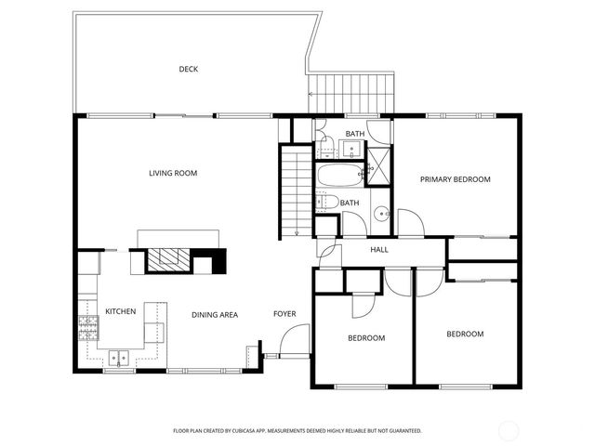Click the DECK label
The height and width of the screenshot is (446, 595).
189,69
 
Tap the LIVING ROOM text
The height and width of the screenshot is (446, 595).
173,173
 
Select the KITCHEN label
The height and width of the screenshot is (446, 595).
121,312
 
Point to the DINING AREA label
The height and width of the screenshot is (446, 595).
215,315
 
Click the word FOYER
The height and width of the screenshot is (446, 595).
284,314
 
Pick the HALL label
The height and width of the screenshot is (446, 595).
379,250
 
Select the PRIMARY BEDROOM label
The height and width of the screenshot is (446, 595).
455,179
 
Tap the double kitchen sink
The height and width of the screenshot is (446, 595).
119,356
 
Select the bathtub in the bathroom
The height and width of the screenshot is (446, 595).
341,176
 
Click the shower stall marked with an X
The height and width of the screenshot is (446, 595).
380,167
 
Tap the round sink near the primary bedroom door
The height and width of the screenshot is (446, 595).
382,215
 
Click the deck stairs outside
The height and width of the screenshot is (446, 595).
351,91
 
